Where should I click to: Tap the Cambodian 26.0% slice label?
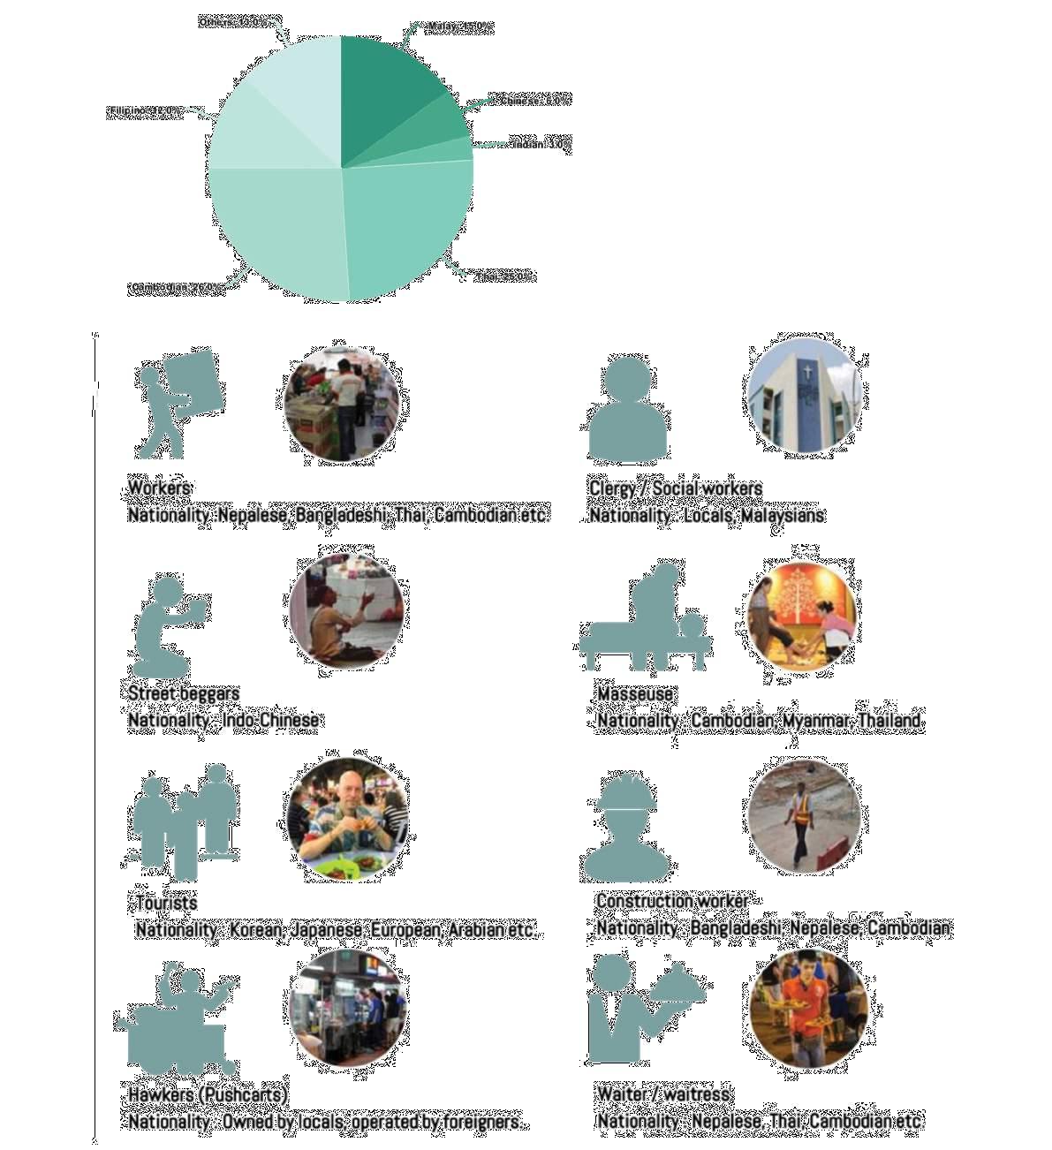pyautogui.click(x=174, y=288)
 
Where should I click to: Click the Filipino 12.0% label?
pyautogui.click(x=145, y=112)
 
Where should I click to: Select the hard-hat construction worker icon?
pyautogui.click(x=627, y=826)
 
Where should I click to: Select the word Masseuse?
pyautogui.click(x=635, y=694)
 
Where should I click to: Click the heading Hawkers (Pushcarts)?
pyautogui.click(x=208, y=1095)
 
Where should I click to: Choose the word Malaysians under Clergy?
pyautogui.click(x=783, y=515)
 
